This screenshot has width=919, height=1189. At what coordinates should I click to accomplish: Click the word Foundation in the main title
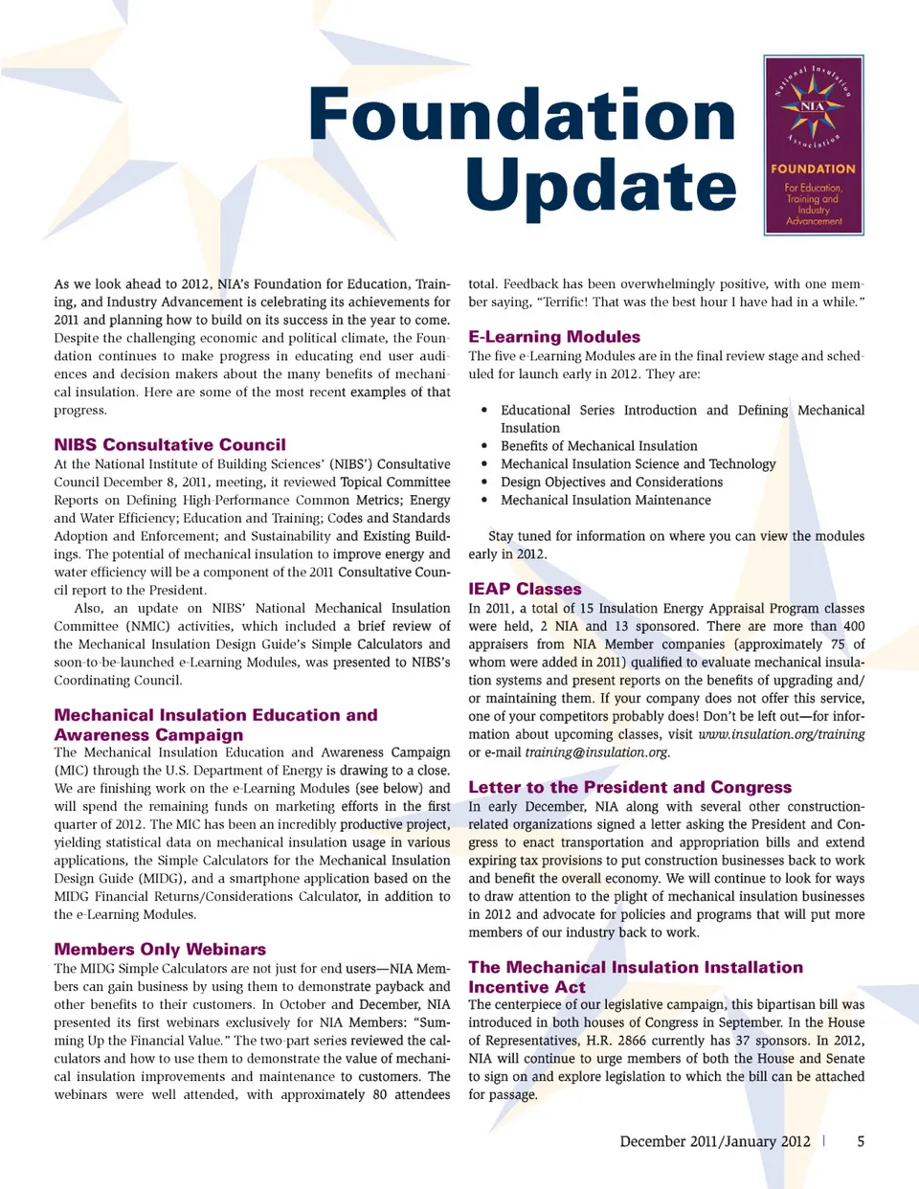click(522, 115)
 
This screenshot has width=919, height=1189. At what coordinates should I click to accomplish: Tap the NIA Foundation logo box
click(814, 146)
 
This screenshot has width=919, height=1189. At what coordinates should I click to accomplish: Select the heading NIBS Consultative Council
click(169, 445)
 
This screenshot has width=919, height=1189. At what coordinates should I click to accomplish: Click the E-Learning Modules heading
click(554, 337)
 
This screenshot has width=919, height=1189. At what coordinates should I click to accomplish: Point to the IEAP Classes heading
click(525, 589)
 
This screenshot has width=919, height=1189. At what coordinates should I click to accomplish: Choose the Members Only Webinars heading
click(160, 950)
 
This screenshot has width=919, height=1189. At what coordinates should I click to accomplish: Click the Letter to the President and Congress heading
click(630, 787)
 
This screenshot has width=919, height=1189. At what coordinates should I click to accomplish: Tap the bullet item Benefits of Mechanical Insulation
click(598, 446)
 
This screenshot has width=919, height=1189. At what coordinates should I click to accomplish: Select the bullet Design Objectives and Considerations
click(611, 482)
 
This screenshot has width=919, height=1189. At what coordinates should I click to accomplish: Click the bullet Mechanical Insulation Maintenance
click(605, 501)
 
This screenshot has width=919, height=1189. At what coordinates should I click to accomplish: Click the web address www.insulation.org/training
click(781, 734)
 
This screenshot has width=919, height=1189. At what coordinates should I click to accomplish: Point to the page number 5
click(861, 1141)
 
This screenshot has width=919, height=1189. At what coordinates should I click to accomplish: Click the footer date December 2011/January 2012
click(715, 1141)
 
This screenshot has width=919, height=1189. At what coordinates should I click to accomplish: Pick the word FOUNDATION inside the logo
click(814, 168)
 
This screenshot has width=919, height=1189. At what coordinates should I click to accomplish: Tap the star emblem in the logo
click(813, 107)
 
